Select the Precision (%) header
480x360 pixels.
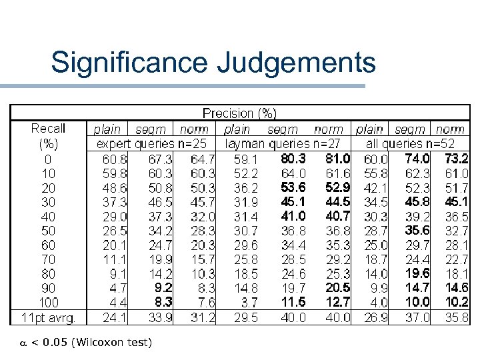tap(239, 114)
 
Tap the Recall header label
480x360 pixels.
tap(48, 128)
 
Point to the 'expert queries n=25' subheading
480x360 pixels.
tap(152, 143)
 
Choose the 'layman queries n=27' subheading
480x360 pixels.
tap(285, 143)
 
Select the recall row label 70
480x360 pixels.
tap(48, 259)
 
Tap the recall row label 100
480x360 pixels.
tap(48, 301)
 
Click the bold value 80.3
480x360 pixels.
tap(293, 159)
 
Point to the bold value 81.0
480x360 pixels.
tap(337, 159)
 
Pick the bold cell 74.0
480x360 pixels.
tap(417, 159)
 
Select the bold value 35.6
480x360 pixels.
tap(417, 230)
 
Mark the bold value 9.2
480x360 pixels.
tap(163, 287)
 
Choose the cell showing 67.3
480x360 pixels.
tap(161, 159)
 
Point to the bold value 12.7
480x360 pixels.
tap(337, 302)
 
